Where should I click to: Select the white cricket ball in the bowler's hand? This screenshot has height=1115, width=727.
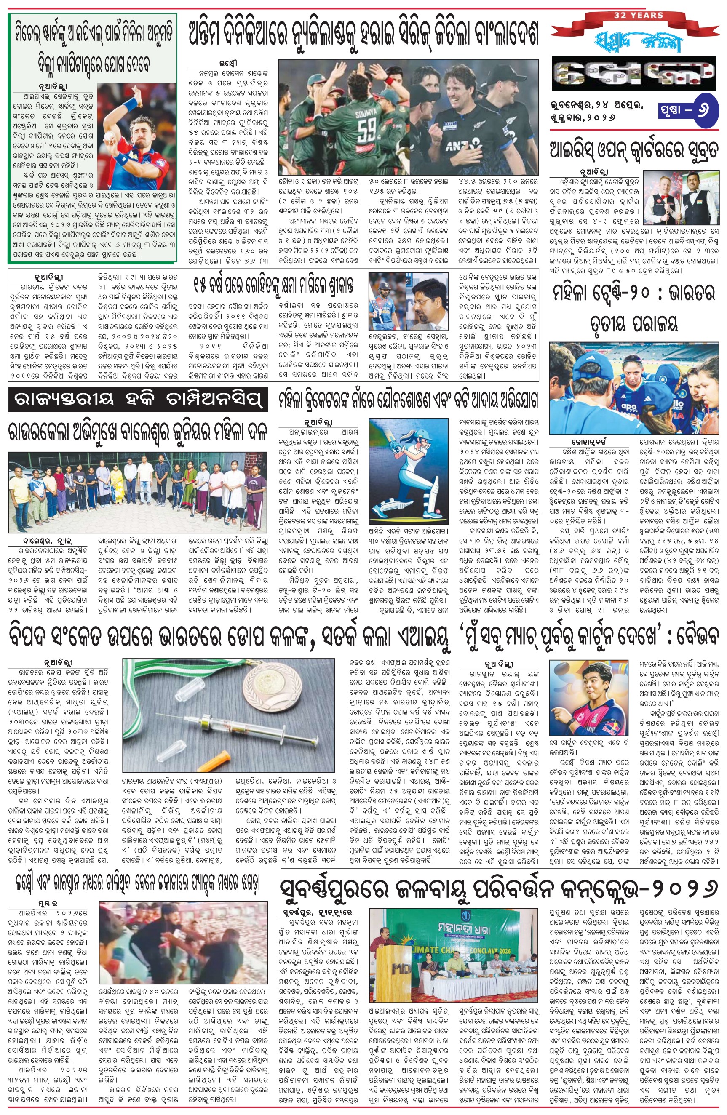click(x=108, y=136)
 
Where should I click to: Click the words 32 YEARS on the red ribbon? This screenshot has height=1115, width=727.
click(x=638, y=16)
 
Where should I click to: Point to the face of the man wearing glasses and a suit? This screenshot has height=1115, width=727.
click(x=430, y=294)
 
